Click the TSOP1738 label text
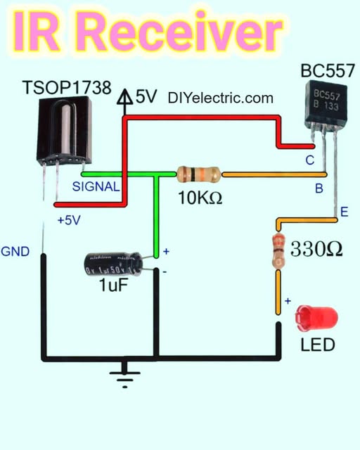click(67, 89)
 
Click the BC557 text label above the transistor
click(327, 70)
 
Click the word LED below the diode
click(317, 345)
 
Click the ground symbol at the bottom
click(124, 376)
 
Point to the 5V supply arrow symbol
click(125, 99)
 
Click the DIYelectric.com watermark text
click(221, 98)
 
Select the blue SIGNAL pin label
click(96, 187)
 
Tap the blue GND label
click(15, 251)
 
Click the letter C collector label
click(309, 160)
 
